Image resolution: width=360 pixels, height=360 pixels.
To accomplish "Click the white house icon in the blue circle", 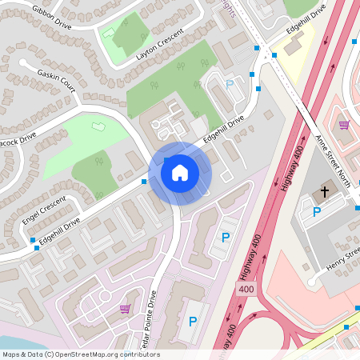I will pyautogui.click(x=179, y=171).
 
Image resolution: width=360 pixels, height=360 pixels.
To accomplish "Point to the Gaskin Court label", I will pyautogui.click(x=55, y=80).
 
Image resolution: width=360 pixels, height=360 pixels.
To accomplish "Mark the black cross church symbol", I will pyautogui.click(x=325, y=192).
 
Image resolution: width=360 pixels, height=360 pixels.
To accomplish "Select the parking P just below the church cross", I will pyautogui.click(x=317, y=212).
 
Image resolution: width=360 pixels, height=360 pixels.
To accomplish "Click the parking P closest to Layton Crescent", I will pyautogui.click(x=230, y=84).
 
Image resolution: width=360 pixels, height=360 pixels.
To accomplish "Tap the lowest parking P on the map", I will pyautogui.click(x=192, y=322).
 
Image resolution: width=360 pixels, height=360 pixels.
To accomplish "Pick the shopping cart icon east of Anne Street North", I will pyautogui.click(x=344, y=125).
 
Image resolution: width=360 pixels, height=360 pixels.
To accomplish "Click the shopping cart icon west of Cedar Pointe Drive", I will pyautogui.click(x=125, y=309).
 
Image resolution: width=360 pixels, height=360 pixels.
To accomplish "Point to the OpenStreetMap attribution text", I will pyautogui.click(x=80, y=354).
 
